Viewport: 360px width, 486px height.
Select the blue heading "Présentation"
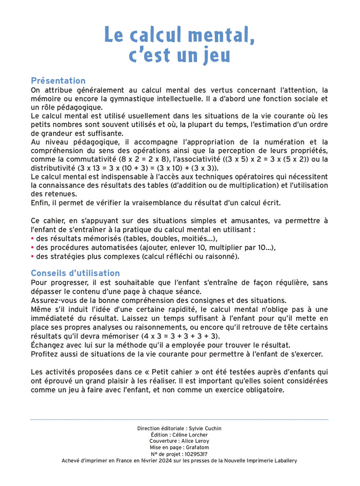coord(58,81)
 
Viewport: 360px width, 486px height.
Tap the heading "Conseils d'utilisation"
coord(75,273)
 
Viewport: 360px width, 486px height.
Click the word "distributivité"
coord(52,168)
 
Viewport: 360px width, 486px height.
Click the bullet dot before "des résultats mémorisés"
coord(32,239)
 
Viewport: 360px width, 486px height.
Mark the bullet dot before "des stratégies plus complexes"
coord(32,256)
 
